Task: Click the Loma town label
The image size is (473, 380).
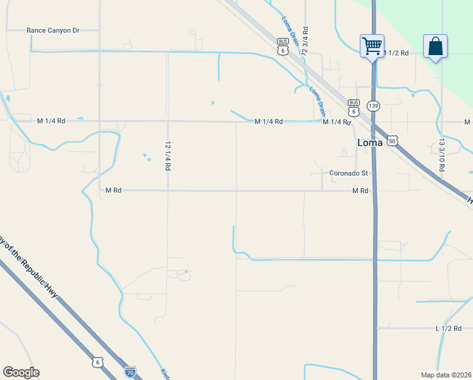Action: tap(370, 142)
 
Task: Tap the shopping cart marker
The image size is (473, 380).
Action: tap(372, 46)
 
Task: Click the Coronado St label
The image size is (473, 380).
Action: tap(348, 173)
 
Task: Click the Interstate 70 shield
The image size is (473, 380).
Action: tap(130, 372)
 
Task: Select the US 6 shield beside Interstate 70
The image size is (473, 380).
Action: tap(97, 362)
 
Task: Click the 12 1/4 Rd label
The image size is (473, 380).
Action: tap(168, 156)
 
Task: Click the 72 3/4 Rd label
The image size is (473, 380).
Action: tap(305, 39)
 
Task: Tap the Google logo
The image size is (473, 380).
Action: tap(21, 372)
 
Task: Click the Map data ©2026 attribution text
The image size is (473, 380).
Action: tap(446, 375)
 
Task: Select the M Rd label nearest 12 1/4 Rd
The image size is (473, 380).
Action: tap(113, 190)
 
